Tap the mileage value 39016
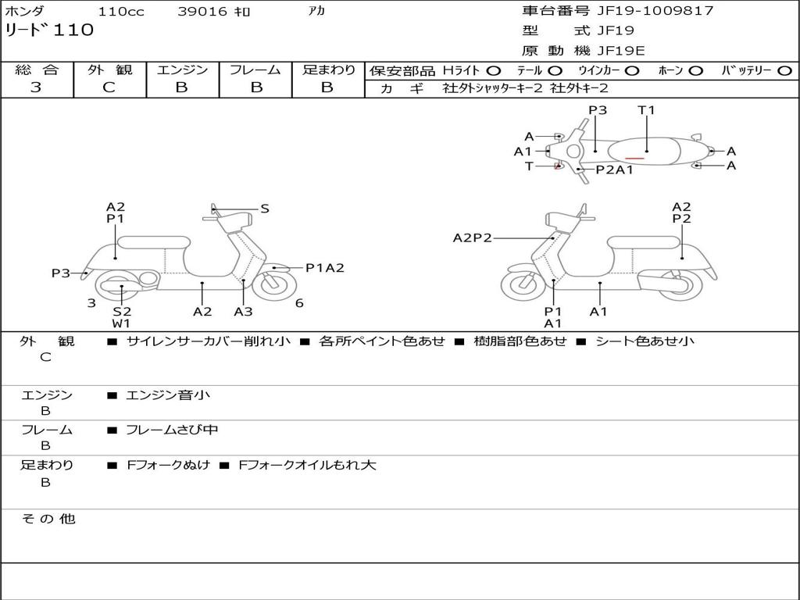pyautogui.click(x=202, y=12)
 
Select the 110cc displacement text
pyautogui.click(x=120, y=12)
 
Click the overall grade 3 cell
pyautogui.click(x=36, y=87)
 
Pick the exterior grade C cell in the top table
pyautogui.click(x=109, y=87)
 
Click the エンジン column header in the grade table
pyautogui.click(x=182, y=70)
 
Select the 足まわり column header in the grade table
pyautogui.click(x=328, y=70)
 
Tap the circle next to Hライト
pyautogui.click(x=494, y=71)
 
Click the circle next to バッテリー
pyautogui.click(x=784, y=71)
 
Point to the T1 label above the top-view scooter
pyautogui.click(x=646, y=110)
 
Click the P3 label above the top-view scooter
pyautogui.click(x=598, y=110)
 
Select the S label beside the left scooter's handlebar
pyautogui.click(x=265, y=209)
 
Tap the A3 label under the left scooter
pyautogui.click(x=243, y=312)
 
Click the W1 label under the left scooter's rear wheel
pyautogui.click(x=121, y=323)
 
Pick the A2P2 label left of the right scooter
pyautogui.click(x=473, y=238)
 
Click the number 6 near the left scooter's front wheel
pyautogui.click(x=299, y=303)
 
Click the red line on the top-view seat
pyautogui.click(x=634, y=159)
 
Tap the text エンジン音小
pyautogui.click(x=168, y=395)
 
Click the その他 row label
pyautogui.click(x=48, y=519)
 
